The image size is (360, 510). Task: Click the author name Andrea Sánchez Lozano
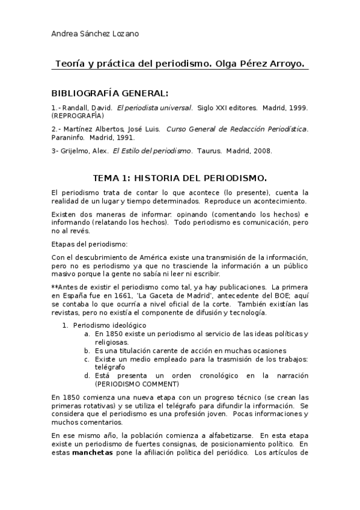pyautogui.click(x=96, y=34)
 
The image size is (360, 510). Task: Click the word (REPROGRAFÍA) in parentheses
pyautogui.click(x=78, y=115)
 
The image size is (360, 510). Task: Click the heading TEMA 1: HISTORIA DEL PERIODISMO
pyautogui.click(x=180, y=178)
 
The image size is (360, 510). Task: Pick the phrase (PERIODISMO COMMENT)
pyautogui.click(x=137, y=383)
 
